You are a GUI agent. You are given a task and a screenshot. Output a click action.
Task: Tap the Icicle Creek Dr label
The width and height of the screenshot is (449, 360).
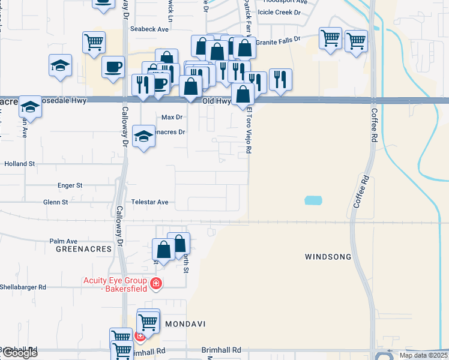[279, 12]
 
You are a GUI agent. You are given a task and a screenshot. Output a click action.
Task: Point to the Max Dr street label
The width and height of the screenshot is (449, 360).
[172, 117]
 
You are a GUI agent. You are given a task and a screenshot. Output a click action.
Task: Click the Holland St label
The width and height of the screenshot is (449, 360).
[20, 163]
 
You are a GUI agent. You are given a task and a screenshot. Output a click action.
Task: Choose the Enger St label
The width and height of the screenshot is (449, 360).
[70, 186]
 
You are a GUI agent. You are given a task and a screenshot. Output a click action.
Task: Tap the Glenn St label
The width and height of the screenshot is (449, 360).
[55, 202]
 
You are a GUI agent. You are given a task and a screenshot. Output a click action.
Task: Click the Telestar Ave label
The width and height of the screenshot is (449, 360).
[154, 202]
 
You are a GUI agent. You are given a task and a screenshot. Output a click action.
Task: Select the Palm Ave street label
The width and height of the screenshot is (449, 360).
[64, 241]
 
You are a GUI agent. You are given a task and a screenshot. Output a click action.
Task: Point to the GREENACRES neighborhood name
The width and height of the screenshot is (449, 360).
[84, 248]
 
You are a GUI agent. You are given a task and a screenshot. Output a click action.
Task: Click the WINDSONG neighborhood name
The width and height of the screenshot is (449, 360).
[328, 257]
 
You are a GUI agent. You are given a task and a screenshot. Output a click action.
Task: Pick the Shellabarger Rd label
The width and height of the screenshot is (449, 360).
[23, 287]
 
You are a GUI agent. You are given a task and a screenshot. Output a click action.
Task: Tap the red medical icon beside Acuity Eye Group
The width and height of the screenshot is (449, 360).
[156, 283]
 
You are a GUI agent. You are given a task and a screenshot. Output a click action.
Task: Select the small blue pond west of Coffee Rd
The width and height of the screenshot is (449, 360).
[312, 200]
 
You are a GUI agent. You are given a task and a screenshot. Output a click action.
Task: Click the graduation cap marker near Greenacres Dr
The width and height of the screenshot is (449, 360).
[143, 137]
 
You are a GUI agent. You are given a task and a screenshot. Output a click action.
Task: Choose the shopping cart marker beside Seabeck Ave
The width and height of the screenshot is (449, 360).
[94, 43]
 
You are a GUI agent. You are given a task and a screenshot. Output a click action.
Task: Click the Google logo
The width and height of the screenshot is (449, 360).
[19, 353]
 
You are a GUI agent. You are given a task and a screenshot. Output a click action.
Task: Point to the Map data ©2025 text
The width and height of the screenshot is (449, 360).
[423, 355]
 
